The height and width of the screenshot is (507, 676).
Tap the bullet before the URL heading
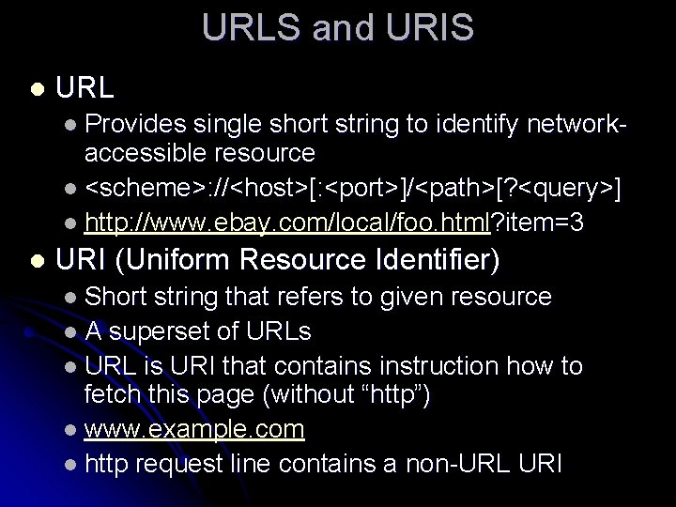click(x=35, y=90)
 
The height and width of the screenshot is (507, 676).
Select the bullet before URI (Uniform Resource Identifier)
click(x=35, y=256)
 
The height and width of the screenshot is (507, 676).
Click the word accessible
click(x=137, y=153)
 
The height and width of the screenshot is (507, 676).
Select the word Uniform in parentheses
click(x=181, y=256)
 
